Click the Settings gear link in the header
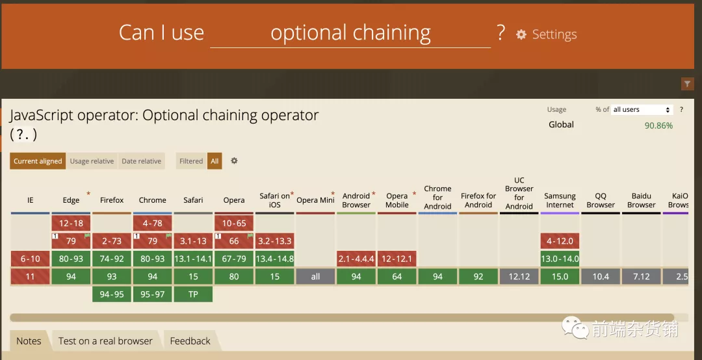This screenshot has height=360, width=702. [546, 34]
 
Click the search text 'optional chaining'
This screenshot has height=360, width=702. [350, 32]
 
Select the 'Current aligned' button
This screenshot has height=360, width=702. [38, 161]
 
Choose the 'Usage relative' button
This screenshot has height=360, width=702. [92, 161]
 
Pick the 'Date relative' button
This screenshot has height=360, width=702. [142, 161]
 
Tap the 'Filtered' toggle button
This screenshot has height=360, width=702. [191, 161]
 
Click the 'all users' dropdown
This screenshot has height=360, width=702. [642, 110]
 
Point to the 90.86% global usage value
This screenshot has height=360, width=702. [658, 126]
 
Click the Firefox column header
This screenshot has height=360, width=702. [112, 200]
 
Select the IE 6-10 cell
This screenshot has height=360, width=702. [30, 259]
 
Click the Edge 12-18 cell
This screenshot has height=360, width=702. [71, 223]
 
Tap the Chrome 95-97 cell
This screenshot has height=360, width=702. [152, 294]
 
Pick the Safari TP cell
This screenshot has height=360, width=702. [193, 294]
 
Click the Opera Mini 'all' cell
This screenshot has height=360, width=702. [315, 277]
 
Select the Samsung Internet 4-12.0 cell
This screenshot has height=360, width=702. [560, 241]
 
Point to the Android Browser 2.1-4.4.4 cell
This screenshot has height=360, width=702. [356, 259]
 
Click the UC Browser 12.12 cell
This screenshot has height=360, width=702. [519, 277]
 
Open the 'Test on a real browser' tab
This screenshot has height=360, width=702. [105, 341]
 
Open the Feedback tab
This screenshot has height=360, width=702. [190, 341]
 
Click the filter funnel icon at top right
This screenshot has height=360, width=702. [687, 84]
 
